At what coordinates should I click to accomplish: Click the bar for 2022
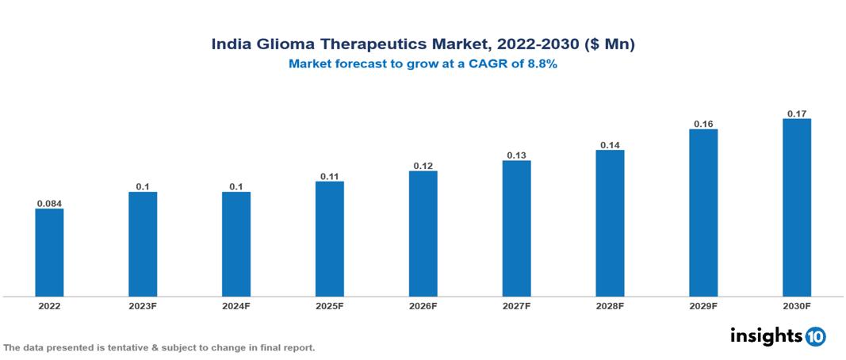tap(49, 252)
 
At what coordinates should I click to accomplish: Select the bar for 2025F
tap(330, 239)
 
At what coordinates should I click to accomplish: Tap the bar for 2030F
tap(797, 208)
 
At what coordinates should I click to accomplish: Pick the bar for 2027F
tap(516, 228)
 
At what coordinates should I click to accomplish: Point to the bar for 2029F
tap(703, 213)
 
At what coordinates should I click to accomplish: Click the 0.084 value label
tap(49, 203)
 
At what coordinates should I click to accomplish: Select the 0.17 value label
tap(797, 113)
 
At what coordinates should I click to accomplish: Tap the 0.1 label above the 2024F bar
tap(236, 186)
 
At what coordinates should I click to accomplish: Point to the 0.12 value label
tap(423, 166)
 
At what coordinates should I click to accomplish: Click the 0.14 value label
tap(610, 145)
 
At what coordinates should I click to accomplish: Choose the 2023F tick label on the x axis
tap(143, 306)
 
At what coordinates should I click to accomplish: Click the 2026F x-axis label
tap(423, 306)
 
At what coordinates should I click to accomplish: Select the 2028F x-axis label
tap(610, 306)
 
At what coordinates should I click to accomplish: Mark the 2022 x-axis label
tap(49, 306)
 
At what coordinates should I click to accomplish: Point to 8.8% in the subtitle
tap(543, 64)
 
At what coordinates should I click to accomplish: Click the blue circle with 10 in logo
tap(815, 336)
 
